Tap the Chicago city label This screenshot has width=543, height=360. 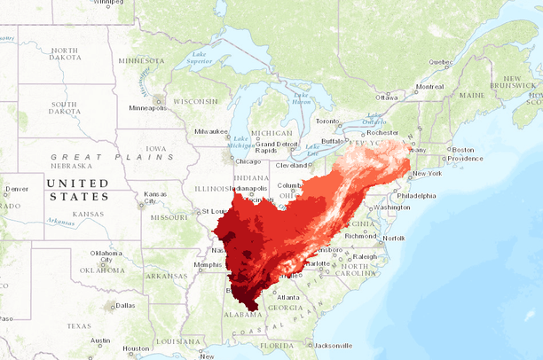click(x=250, y=161)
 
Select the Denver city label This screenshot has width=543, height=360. click(x=16, y=189)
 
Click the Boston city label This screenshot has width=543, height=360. click(x=465, y=150)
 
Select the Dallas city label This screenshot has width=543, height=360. click(x=124, y=305)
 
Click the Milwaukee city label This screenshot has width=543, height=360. click(x=212, y=131)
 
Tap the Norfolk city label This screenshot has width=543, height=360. click(x=394, y=238)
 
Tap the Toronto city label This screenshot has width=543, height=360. click(x=327, y=121)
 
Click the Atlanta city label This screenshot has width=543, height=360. click(x=287, y=297)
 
